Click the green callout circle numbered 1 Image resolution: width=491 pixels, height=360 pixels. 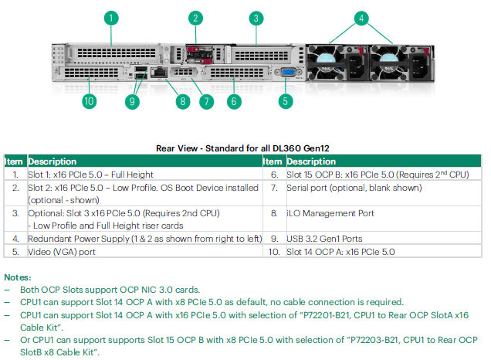(111, 19)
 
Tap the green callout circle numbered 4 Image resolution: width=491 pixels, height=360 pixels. (361, 19)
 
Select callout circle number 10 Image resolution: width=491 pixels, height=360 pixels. (89, 101)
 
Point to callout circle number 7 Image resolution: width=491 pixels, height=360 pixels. (206, 101)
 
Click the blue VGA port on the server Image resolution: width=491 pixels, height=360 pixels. (288, 72)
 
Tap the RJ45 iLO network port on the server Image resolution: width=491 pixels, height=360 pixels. (159, 72)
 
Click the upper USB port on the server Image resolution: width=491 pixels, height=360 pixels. (141, 69)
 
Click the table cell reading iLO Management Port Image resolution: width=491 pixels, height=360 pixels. (330, 213)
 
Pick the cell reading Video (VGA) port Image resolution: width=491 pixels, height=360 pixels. (62, 252)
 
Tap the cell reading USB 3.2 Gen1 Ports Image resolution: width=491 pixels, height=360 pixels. (324, 239)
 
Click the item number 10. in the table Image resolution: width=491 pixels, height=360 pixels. (274, 252)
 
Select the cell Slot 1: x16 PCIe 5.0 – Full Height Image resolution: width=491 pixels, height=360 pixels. (90, 175)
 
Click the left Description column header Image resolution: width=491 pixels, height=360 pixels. (52, 161)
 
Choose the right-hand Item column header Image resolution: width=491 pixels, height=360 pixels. (273, 161)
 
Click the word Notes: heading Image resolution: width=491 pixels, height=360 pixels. (18, 277)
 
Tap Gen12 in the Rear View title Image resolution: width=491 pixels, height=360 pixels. (317, 148)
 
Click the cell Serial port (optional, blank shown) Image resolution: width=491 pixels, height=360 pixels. (354, 188)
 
